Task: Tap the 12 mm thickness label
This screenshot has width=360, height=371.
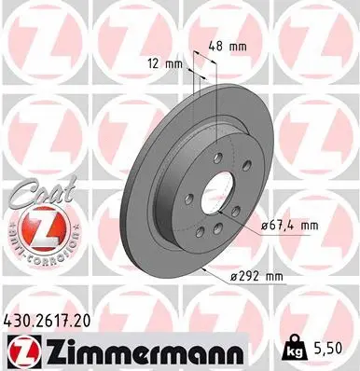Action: (164, 63)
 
